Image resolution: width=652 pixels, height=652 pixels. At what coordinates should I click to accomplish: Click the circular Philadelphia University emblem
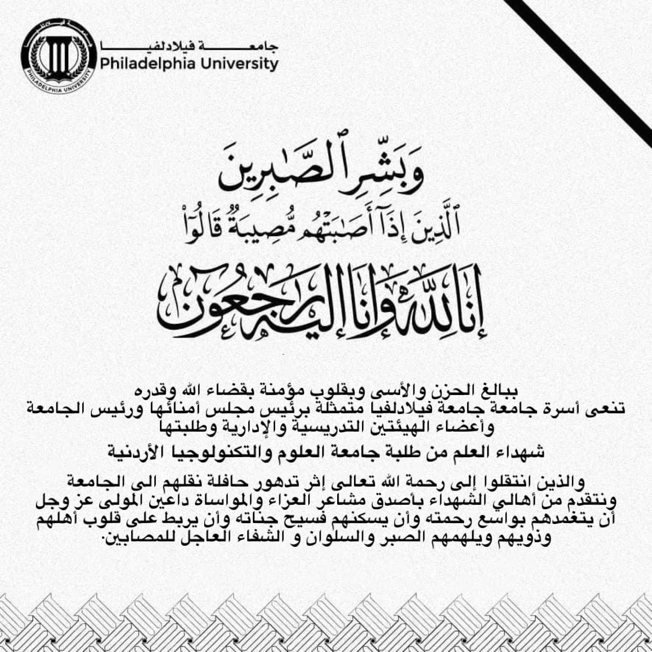pyautogui.click(x=58, y=56)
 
